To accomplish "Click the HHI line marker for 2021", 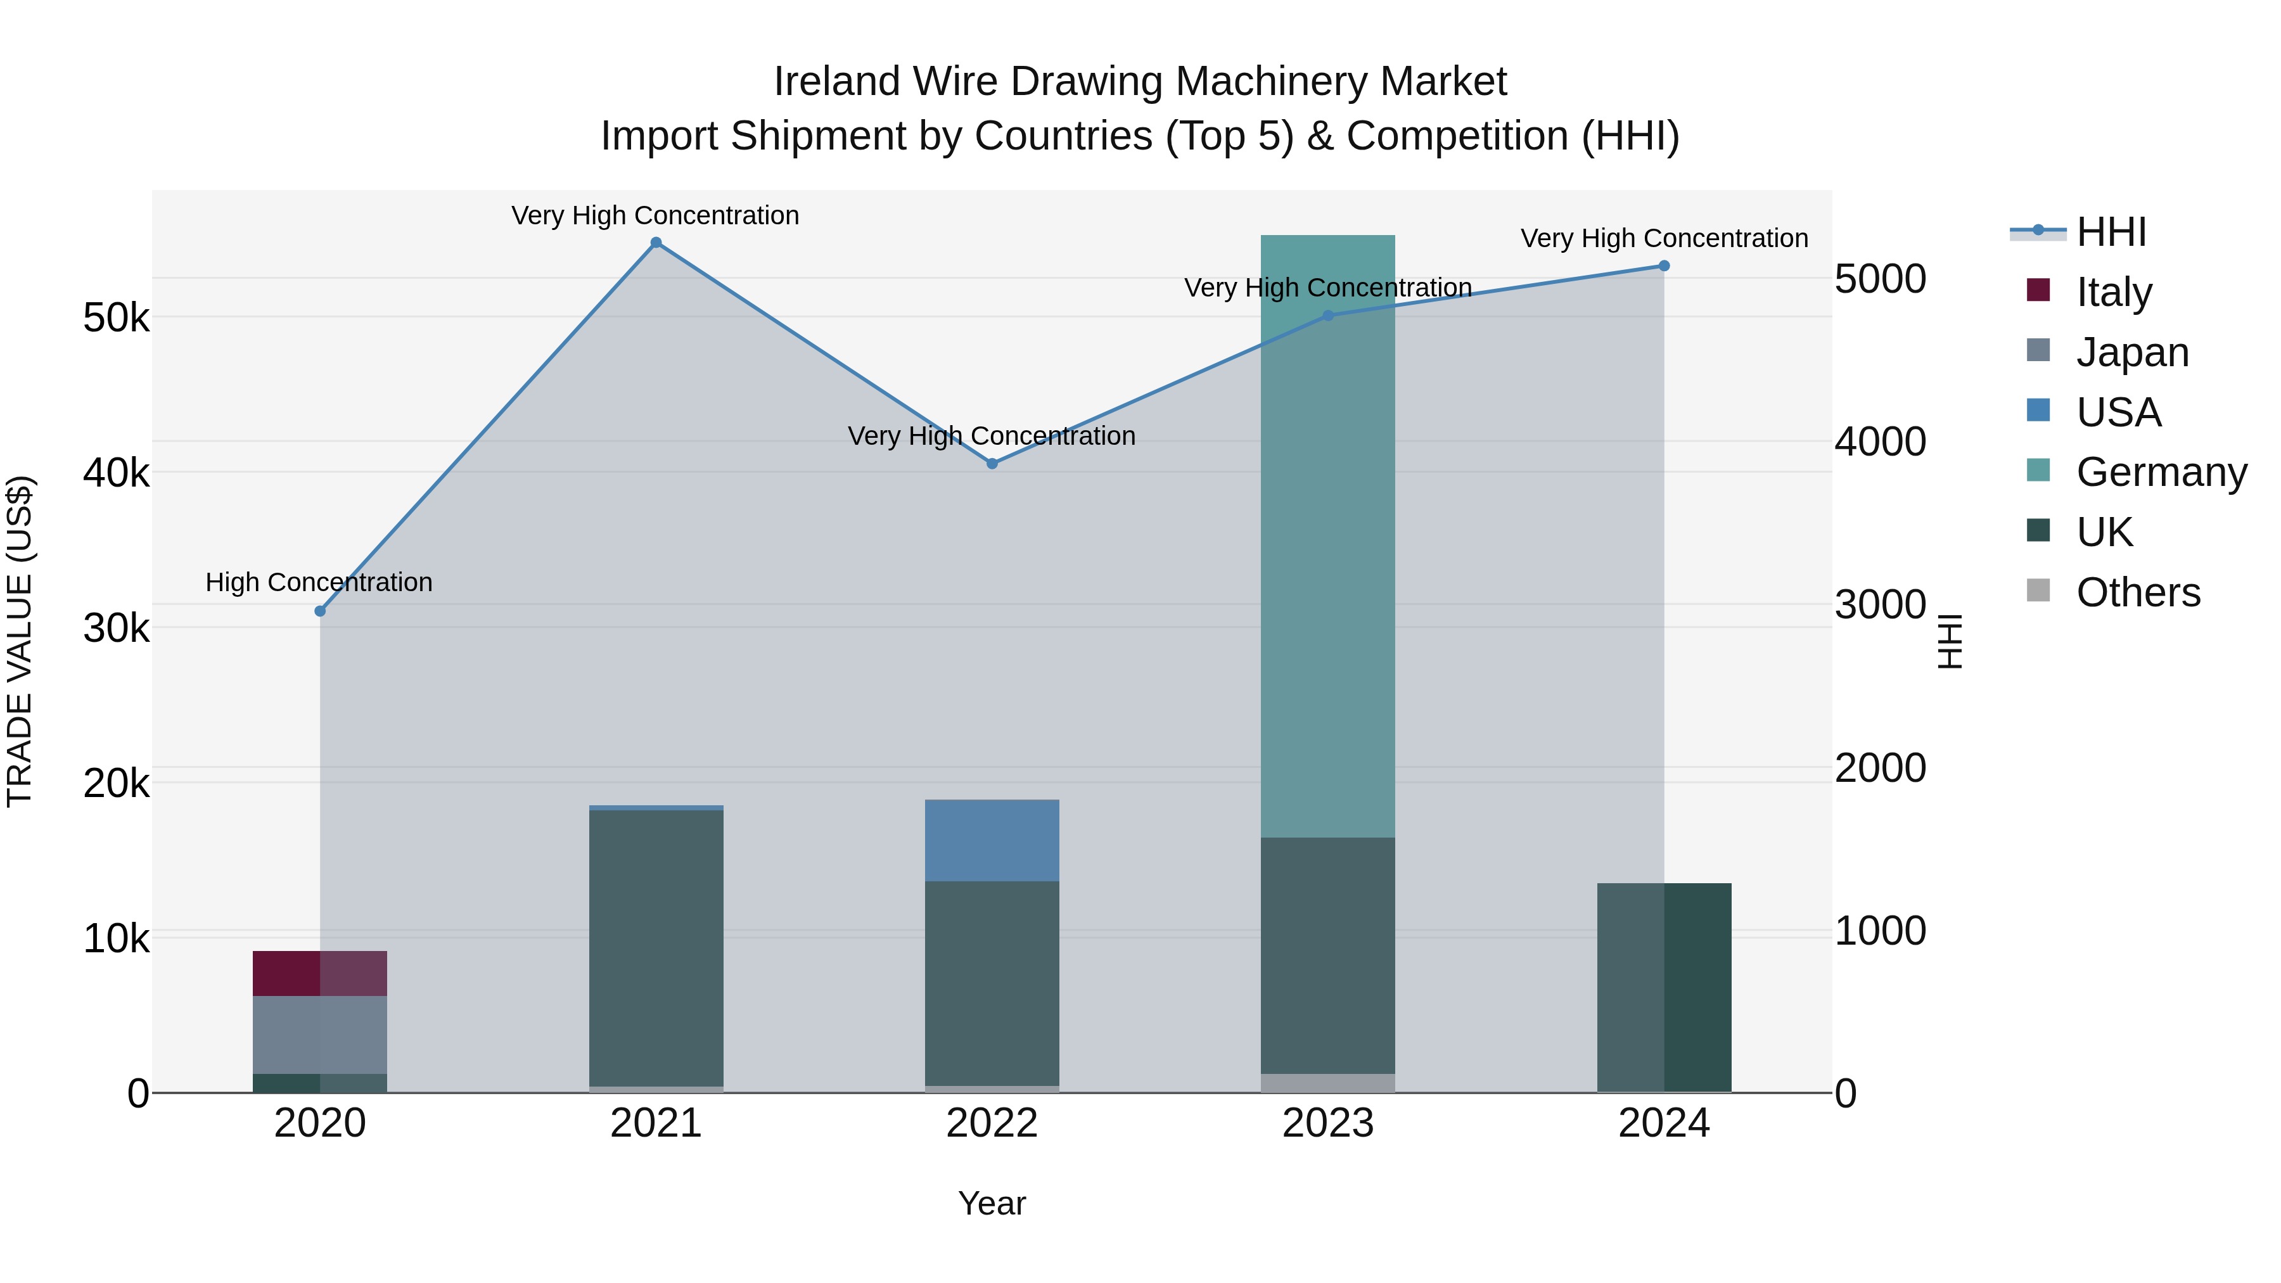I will click(656, 243).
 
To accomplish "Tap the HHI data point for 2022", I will click(992, 464).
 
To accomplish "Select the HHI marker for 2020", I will click(321, 611).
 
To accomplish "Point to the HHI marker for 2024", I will click(1664, 265).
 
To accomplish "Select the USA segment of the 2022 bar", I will click(992, 840).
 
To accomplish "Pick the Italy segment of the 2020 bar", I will click(320, 973).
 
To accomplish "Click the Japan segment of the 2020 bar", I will click(320, 1034).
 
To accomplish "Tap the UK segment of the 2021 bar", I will click(656, 947).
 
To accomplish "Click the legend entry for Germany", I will click(2161, 472).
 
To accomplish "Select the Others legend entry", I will click(2138, 592).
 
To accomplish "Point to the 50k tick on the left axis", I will click(116, 318).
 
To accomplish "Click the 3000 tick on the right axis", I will click(1880, 605).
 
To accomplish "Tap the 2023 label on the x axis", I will click(1327, 1123).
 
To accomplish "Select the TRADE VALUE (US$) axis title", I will click(20, 641).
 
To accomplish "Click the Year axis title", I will click(992, 1203).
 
